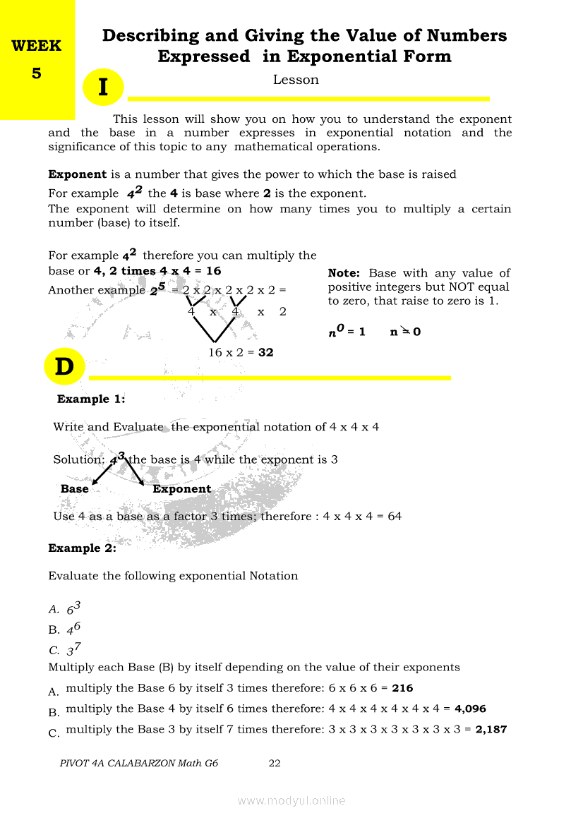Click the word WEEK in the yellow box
[x=37, y=47]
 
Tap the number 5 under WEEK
[x=37, y=73]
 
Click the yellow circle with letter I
[x=103, y=88]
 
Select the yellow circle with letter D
[x=64, y=367]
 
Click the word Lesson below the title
[x=296, y=80]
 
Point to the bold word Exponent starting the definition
[x=77, y=174]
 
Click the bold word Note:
[x=344, y=273]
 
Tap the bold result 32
[x=265, y=352]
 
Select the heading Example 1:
[x=91, y=399]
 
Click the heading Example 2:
[x=82, y=548]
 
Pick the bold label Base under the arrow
[x=75, y=489]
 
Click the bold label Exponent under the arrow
[x=181, y=489]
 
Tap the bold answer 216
[x=402, y=688]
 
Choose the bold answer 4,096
[x=470, y=709]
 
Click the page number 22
[x=275, y=763]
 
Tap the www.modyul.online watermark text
[x=291, y=800]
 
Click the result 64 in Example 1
[x=395, y=517]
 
